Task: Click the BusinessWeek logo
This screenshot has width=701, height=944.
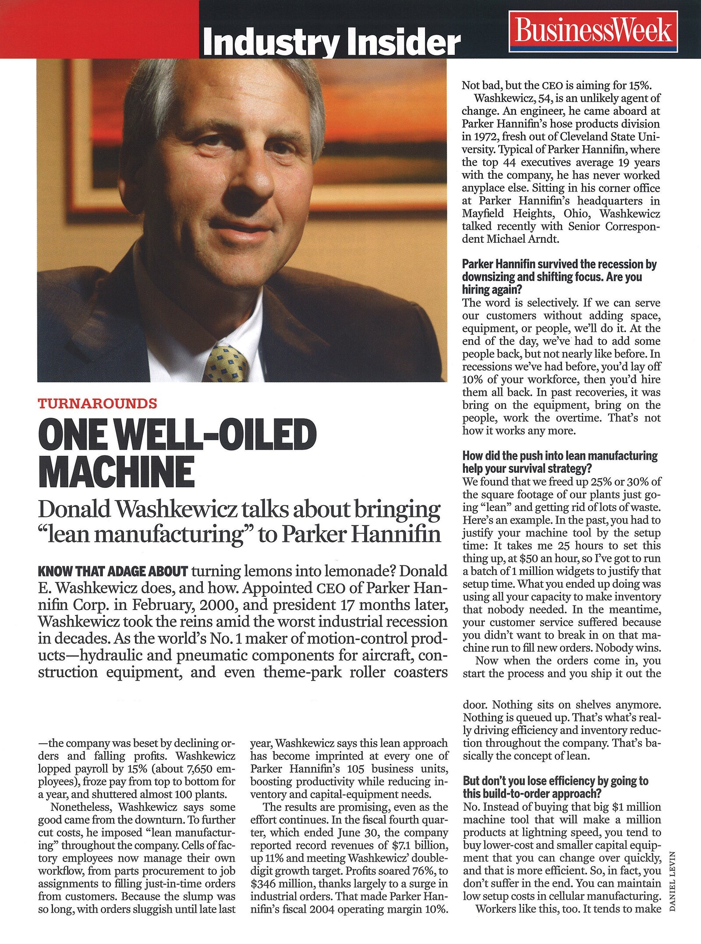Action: pyautogui.click(x=593, y=31)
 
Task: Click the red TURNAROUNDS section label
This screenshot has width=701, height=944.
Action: pyautogui.click(x=97, y=403)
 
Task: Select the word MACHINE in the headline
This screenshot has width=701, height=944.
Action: pyautogui.click(x=117, y=472)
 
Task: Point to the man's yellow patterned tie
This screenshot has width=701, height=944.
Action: pyautogui.click(x=227, y=363)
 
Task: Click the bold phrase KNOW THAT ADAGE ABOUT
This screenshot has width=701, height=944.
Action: pyautogui.click(x=113, y=571)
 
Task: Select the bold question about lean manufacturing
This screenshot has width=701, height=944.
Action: pyautogui.click(x=560, y=462)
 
